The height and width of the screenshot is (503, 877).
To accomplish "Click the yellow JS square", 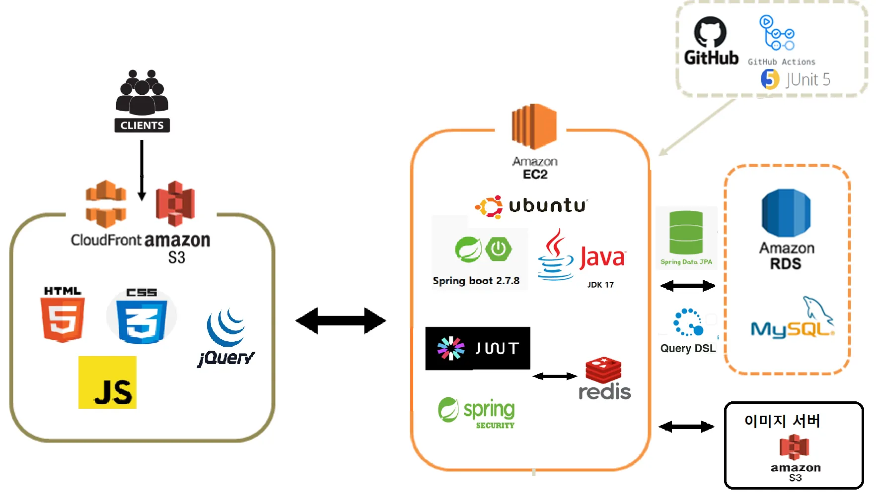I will coord(107,382).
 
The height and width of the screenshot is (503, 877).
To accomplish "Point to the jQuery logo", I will coord(226,337).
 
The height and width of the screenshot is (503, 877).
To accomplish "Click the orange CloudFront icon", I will coord(106,204).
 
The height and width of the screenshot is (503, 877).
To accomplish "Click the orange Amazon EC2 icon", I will coord(534,126).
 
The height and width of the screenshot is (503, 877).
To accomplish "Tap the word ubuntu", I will coord(547,205).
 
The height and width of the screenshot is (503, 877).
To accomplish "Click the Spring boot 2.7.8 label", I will coord(476,281).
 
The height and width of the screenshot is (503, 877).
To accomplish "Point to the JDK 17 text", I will coord(600,285).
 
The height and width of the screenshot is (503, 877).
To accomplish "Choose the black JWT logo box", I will coord(478,348).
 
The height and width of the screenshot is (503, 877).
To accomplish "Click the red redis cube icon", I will coord(603,370).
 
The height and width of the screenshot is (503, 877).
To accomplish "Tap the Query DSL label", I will coord(688,348).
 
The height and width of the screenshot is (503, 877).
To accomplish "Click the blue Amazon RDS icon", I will coord(786,213).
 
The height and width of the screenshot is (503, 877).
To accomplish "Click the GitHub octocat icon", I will coord(710,33).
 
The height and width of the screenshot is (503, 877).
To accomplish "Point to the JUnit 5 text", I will coord(808,79).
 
